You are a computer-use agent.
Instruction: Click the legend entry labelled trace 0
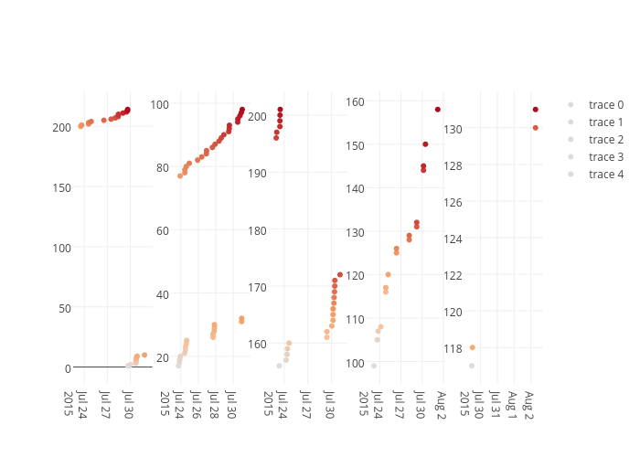(x=606, y=105)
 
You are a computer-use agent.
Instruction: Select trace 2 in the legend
(x=606, y=140)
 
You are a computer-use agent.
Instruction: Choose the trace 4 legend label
(x=606, y=175)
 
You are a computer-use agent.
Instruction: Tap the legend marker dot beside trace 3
(x=571, y=157)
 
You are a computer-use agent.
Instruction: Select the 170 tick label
(x=259, y=287)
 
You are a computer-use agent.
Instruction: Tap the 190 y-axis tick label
(x=259, y=173)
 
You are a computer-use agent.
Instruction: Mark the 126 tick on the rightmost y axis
(x=453, y=202)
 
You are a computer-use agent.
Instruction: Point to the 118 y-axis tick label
(x=453, y=348)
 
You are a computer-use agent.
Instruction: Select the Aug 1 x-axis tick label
(x=514, y=403)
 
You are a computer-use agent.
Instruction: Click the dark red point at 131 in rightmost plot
(x=536, y=110)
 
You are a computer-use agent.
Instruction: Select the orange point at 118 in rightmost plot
(x=472, y=347)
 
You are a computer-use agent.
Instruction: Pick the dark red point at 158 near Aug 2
(x=438, y=110)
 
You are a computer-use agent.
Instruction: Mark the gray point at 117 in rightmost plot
(x=472, y=366)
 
